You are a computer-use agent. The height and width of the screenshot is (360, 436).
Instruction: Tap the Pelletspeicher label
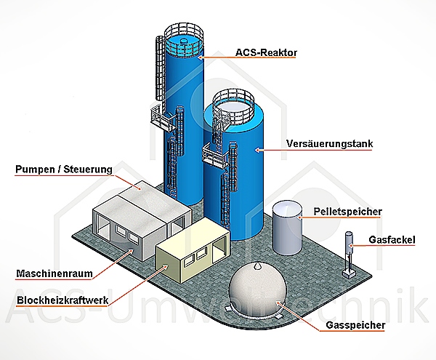point(348,212)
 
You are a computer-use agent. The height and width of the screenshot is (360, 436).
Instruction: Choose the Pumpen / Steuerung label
point(64,170)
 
